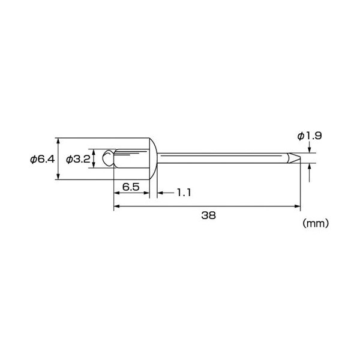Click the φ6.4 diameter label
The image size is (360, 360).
(43, 159)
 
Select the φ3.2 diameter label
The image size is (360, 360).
(78, 159)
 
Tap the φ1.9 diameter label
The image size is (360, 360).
(310, 136)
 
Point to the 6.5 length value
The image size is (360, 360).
(131, 187)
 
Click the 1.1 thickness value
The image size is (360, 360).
(184, 193)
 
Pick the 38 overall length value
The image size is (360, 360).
(208, 215)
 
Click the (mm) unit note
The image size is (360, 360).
(316, 223)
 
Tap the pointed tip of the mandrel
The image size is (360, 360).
(300, 158)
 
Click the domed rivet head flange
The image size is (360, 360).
(153, 158)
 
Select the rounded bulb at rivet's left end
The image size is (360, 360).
(108, 158)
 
